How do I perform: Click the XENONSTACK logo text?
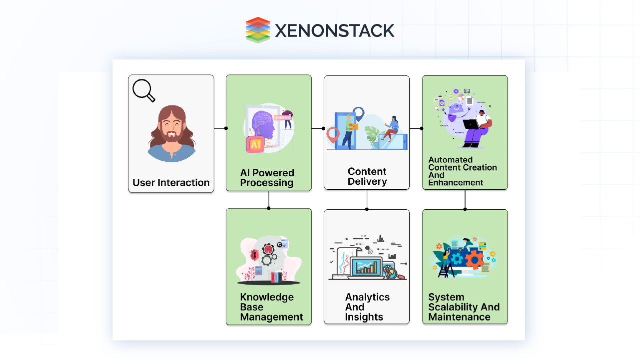[334, 30]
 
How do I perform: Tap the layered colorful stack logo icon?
[258, 30]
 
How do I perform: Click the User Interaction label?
[171, 183]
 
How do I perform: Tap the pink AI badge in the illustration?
[255, 144]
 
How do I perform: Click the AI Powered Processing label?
[267, 178]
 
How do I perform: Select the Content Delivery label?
[367, 176]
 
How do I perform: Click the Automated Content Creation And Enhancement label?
[463, 171]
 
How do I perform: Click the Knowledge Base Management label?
[271, 307]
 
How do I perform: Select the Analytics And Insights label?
[367, 307]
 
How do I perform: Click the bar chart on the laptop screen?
[366, 267]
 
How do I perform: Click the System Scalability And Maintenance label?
[464, 307]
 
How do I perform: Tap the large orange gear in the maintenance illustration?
[474, 259]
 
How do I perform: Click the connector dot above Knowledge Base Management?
[269, 208]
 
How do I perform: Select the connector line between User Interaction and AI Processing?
[220, 128]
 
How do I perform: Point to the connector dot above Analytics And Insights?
[367, 208]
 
